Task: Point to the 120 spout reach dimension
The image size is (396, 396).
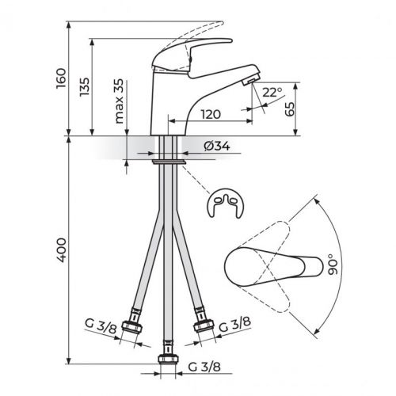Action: click(209, 114)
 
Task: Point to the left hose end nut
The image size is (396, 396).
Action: click(136, 327)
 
